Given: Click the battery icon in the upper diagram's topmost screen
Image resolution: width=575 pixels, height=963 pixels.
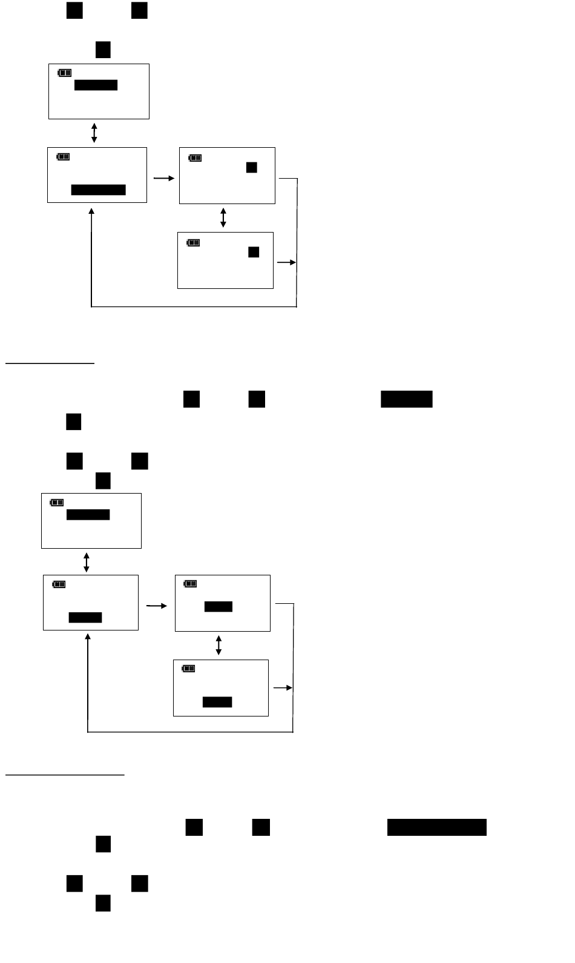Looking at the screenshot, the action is tap(64, 73).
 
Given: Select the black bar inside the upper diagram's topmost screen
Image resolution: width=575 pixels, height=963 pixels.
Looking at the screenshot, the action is tap(96, 85).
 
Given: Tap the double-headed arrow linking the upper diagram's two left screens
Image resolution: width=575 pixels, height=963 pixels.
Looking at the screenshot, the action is tap(94, 133).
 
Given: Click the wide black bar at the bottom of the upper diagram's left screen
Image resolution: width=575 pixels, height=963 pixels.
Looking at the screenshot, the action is tap(98, 190).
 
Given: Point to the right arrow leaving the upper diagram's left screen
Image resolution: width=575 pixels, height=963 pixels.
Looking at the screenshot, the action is tap(163, 179).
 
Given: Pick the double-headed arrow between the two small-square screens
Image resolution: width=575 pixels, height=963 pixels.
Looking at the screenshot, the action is tap(223, 217).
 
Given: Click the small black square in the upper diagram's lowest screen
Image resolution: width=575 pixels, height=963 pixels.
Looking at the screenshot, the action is tap(254, 252).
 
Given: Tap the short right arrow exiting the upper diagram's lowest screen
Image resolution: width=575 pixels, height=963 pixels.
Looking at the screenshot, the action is tap(286, 263).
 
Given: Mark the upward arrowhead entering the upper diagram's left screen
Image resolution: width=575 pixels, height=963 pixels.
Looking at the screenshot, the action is tap(91, 212).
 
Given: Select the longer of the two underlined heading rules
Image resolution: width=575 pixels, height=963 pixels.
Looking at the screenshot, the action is tap(65, 774).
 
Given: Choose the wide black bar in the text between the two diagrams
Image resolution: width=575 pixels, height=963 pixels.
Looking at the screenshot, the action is tap(406, 399).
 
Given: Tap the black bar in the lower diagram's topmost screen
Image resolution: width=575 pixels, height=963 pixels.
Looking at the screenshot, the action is tap(88, 515).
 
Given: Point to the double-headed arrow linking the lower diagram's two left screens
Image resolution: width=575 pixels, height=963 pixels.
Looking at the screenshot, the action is tap(87, 562).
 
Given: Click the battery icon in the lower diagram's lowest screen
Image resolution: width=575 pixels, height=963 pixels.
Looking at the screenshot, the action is tap(188, 669).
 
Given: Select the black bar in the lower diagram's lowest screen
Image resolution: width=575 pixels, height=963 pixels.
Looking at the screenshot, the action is tap(217, 703).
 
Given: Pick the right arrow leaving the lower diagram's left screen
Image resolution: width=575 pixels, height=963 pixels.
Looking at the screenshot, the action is tap(157, 605).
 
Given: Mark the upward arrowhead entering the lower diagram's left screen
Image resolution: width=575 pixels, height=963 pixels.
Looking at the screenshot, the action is tap(88, 638).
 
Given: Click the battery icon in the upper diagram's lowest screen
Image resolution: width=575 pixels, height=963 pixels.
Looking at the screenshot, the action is tap(193, 243).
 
